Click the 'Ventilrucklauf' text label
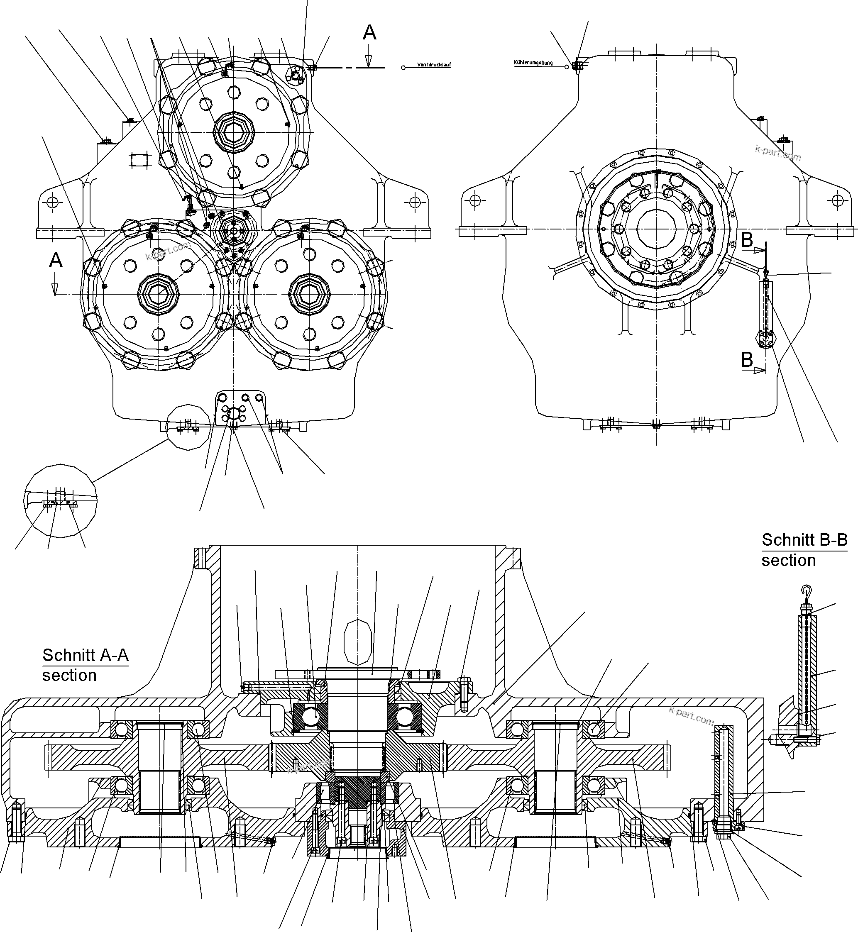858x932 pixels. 434,65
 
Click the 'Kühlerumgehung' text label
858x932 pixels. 533,62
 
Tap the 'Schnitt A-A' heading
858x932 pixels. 86,655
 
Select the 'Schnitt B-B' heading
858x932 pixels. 804,540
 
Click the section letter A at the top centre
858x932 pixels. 369,33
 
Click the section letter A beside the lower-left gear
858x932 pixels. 56,260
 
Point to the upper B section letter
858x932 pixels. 747,240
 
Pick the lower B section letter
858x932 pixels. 747,360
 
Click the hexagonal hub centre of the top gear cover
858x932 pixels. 235,132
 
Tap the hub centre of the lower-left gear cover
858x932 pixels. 158,294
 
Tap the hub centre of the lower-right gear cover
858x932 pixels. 309,294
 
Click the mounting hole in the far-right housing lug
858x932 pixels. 837,200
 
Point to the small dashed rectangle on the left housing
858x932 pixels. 139,160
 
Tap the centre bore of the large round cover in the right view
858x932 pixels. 656,228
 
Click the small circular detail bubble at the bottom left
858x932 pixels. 60,503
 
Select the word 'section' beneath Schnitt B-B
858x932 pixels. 788,560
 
